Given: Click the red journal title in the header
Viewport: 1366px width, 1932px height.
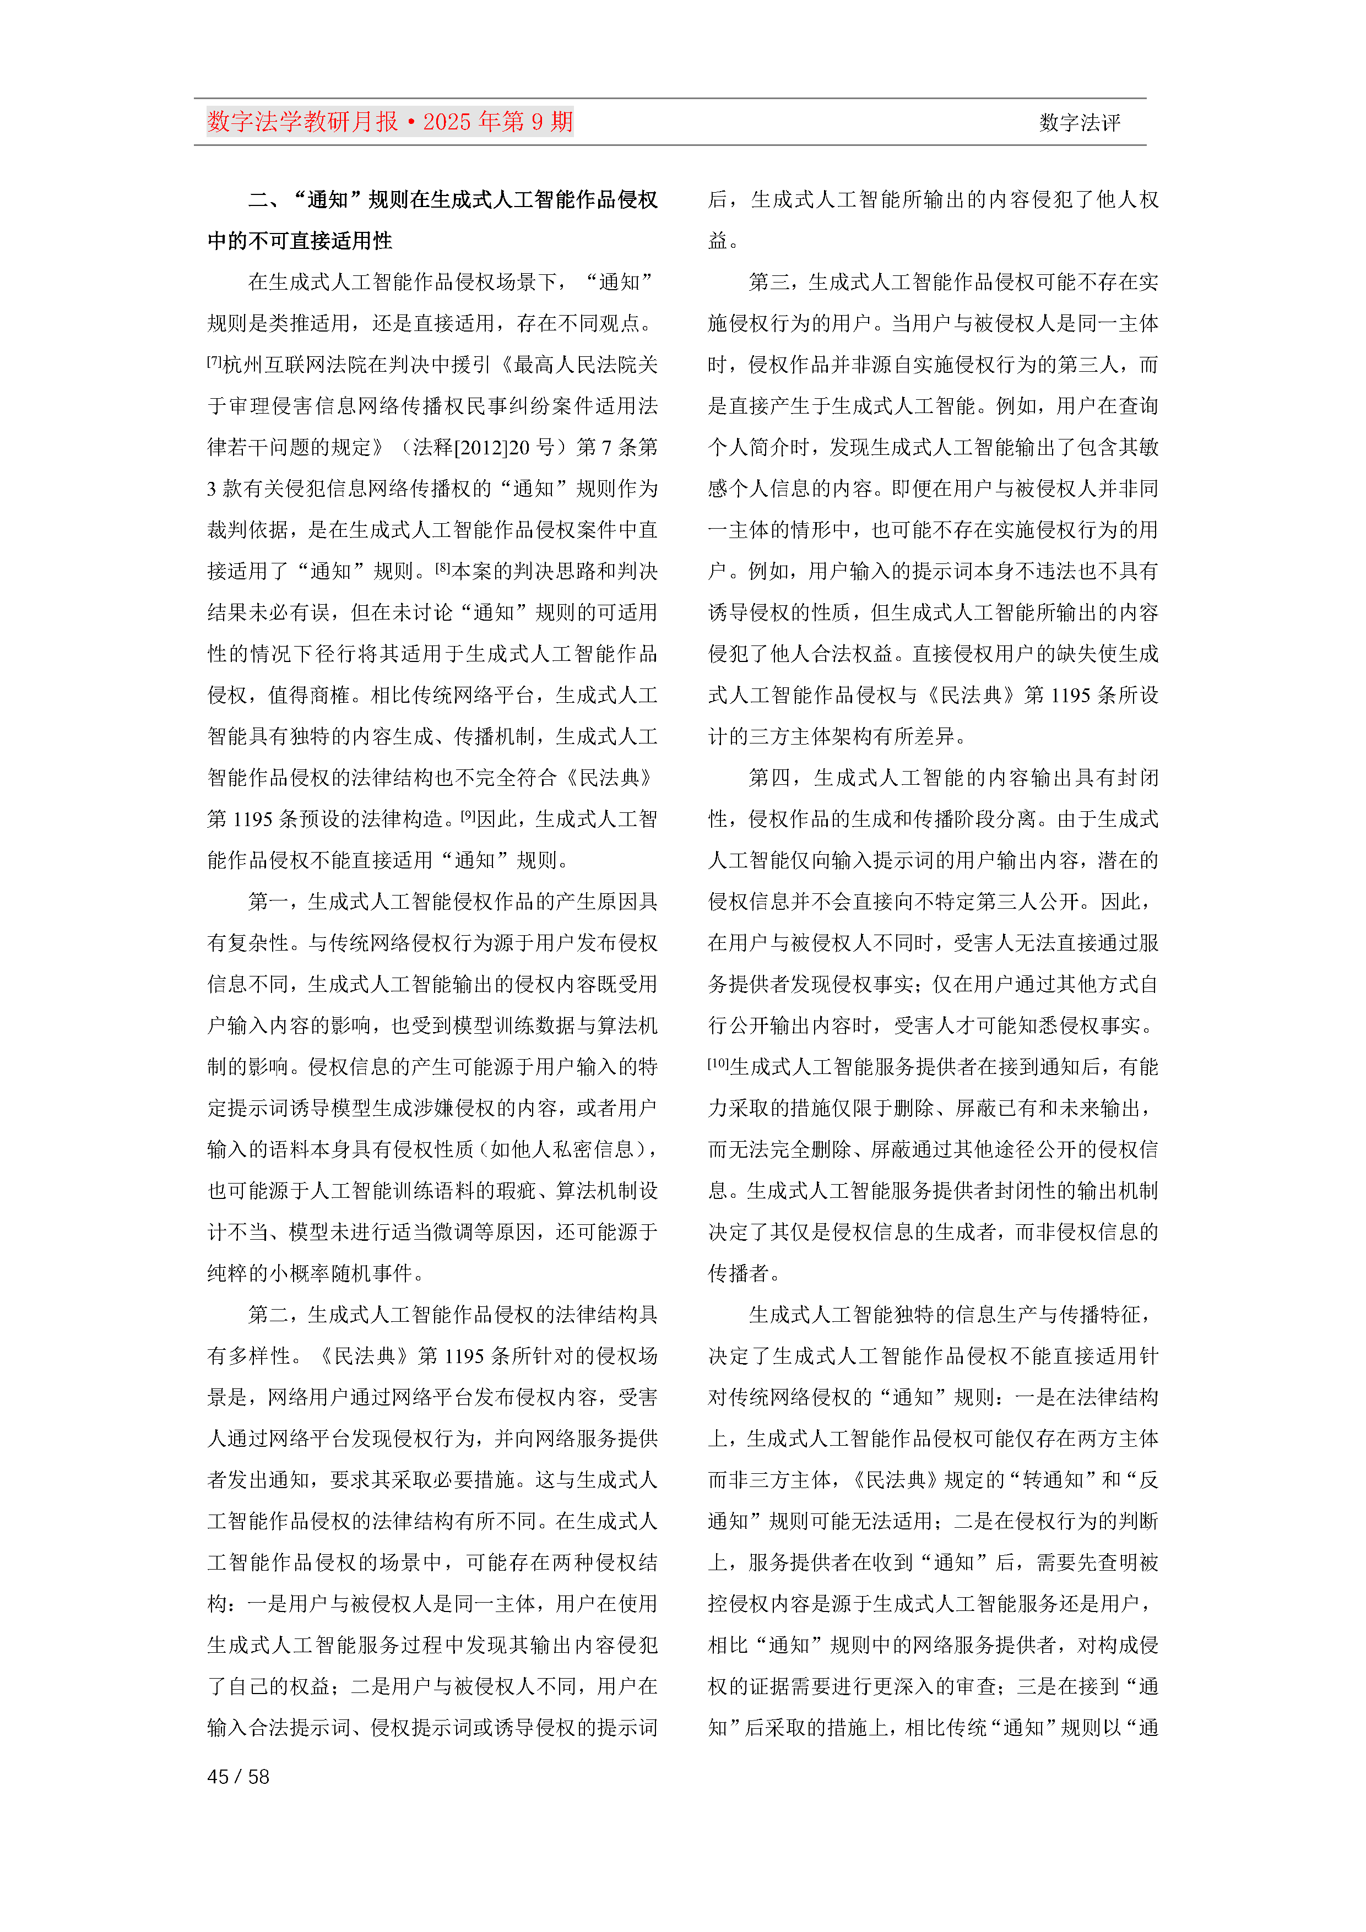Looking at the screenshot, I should point(389,122).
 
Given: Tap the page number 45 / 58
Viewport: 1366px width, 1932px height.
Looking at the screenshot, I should point(238,1776).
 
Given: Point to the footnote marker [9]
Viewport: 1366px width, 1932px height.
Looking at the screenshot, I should point(468,816).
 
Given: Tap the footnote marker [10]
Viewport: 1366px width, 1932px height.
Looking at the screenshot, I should point(718,1063).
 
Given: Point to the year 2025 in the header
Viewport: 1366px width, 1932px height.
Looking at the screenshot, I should point(448,122).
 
